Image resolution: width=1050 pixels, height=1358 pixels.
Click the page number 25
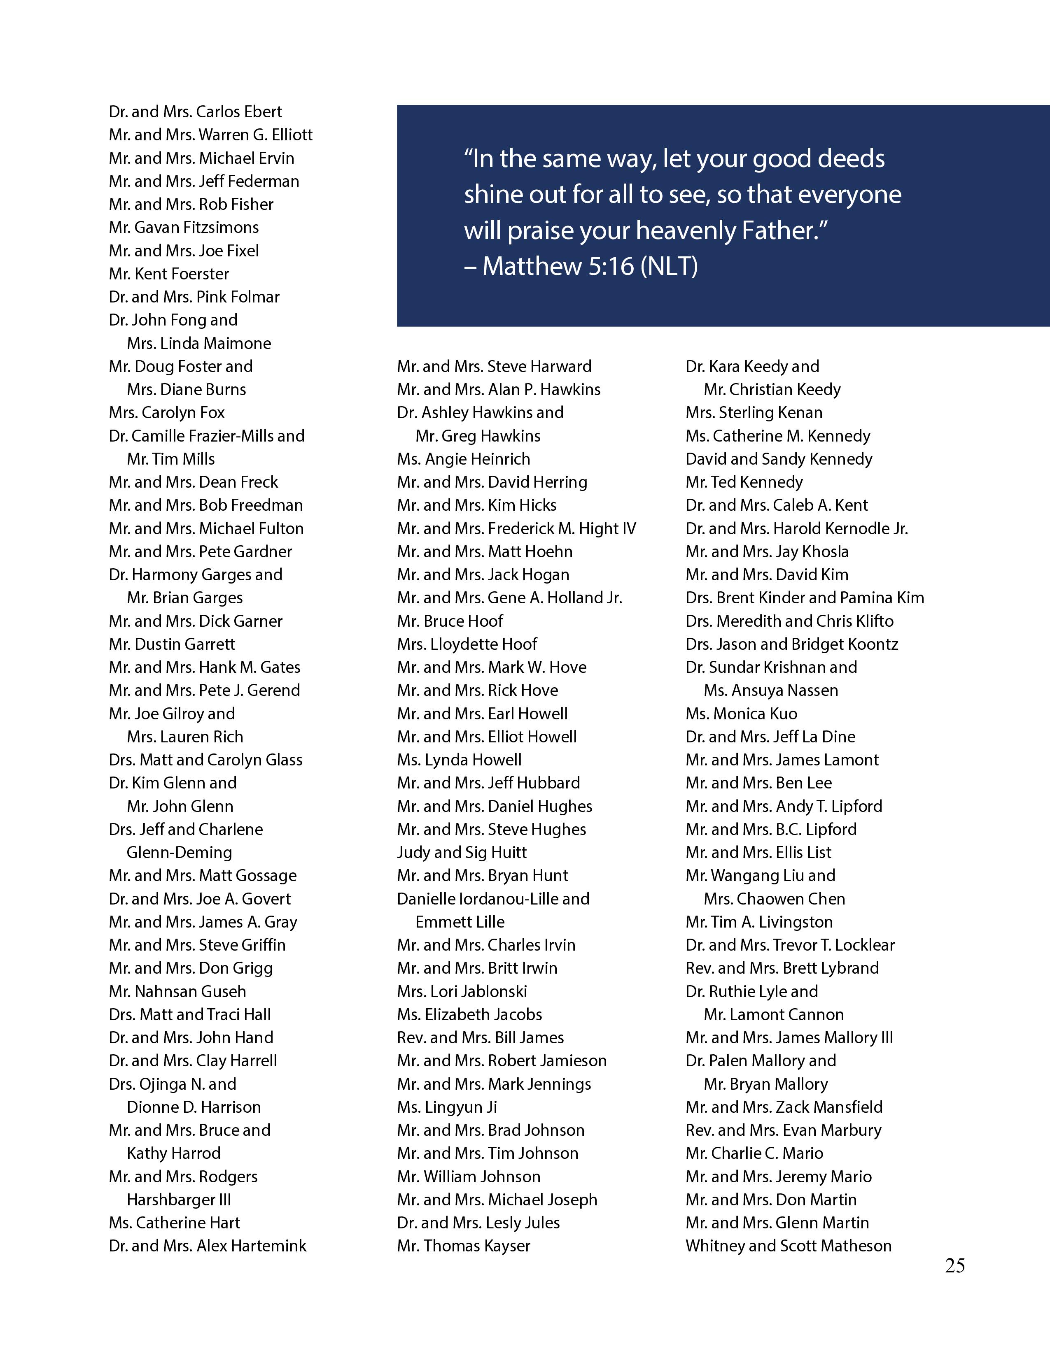coord(955,1265)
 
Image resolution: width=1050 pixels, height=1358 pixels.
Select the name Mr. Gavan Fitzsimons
coord(184,228)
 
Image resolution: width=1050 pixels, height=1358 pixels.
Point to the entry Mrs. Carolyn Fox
coord(167,413)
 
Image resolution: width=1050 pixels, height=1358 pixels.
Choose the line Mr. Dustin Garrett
coord(172,644)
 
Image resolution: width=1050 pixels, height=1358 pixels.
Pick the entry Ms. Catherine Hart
coord(174,1223)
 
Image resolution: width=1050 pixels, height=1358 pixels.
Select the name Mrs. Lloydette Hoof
coord(467,644)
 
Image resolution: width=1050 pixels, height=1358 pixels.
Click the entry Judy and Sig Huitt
coord(462,853)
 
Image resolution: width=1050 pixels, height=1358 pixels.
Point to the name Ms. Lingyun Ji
coord(447,1107)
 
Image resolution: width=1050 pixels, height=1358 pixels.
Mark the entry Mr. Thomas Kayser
coord(463,1246)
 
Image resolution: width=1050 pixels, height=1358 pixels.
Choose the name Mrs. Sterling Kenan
coord(754,413)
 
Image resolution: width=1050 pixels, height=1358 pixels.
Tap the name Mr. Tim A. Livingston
coord(759,922)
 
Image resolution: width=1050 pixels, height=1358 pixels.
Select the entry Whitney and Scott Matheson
coord(788,1246)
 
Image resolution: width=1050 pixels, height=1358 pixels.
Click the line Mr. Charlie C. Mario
coord(754,1153)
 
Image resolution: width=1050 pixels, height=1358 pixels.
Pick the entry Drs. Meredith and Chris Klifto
coord(789,621)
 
